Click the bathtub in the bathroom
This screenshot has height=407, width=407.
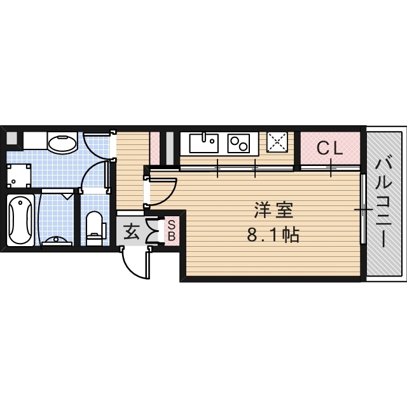[20, 219]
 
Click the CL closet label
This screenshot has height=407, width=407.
[330, 149]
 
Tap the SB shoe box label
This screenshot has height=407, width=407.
[172, 230]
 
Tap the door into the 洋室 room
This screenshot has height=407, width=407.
[163, 191]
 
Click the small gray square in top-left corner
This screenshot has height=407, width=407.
[11, 137]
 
